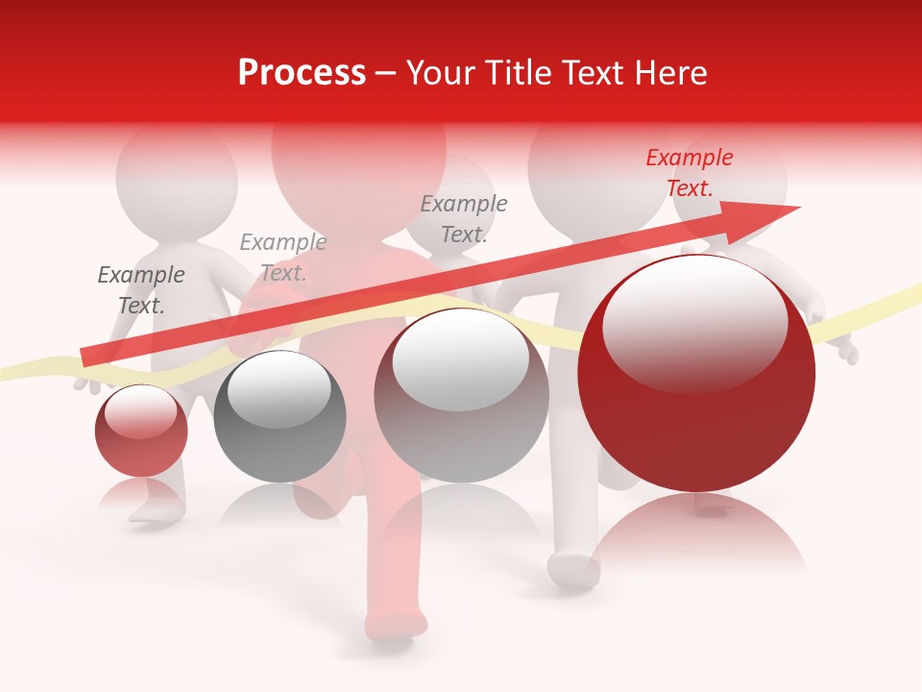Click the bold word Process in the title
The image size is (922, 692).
[302, 73]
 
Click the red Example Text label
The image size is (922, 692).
[689, 173]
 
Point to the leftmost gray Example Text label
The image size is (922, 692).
[141, 290]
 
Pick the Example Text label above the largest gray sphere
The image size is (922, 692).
[464, 219]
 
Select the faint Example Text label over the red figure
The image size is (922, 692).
[282, 258]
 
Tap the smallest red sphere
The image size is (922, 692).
[141, 431]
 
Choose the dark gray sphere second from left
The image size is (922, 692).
[279, 416]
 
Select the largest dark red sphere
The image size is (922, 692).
[696, 384]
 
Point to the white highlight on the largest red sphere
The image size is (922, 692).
[694, 322]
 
